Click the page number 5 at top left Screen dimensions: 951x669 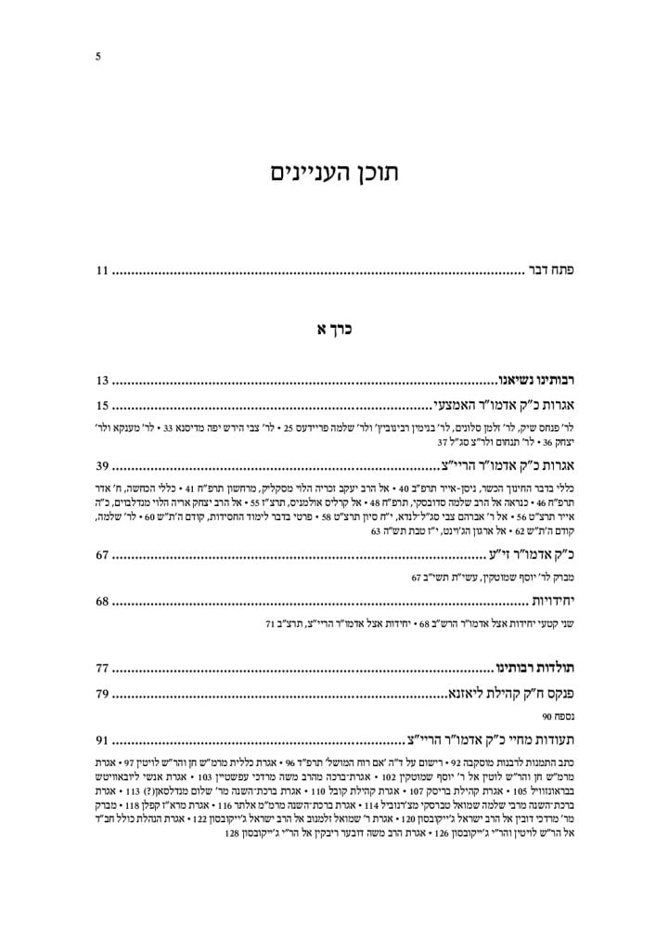[x=98, y=56]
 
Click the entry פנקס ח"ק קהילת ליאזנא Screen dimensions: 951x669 [x=507, y=693]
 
